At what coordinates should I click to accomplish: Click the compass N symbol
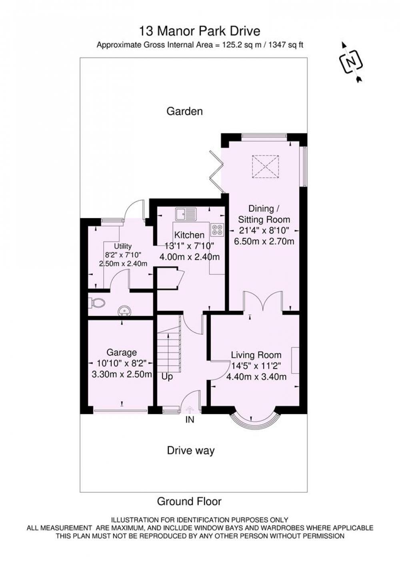tap(350, 62)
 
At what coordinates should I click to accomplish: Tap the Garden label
tap(184, 111)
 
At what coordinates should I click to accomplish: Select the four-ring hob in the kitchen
tap(217, 229)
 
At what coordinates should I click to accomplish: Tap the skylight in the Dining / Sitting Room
tap(265, 167)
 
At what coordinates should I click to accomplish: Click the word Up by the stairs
tap(167, 377)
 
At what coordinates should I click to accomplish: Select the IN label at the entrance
tap(190, 420)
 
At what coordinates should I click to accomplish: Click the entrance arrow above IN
tap(190, 409)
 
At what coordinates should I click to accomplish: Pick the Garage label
tap(122, 352)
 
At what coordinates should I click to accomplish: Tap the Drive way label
tap(191, 450)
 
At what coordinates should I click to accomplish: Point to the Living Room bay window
tap(255, 416)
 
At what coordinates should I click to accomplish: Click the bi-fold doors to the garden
tap(215, 172)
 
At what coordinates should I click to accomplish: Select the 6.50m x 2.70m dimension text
tap(264, 241)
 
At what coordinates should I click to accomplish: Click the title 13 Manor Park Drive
tap(200, 31)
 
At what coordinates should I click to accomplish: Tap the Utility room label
tap(123, 246)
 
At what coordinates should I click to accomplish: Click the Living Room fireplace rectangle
tap(295, 360)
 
